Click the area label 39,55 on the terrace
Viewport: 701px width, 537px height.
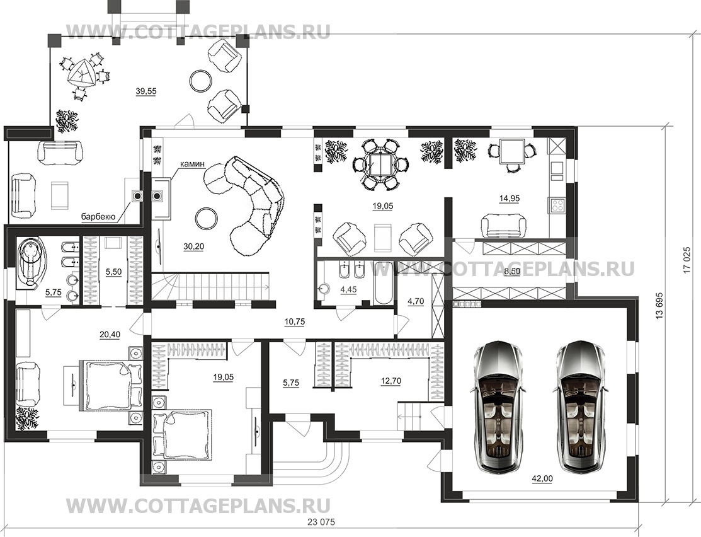pyautogui.click(x=145, y=91)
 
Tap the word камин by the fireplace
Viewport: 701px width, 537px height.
pyautogui.click(x=192, y=164)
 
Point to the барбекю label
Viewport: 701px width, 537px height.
pyautogui.click(x=98, y=217)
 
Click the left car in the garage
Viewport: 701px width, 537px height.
pyautogui.click(x=497, y=408)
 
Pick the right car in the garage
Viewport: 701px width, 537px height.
pyautogui.click(x=581, y=408)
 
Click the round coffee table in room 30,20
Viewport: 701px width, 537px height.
pyautogui.click(x=207, y=218)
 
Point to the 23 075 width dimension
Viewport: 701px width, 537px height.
pyautogui.click(x=321, y=522)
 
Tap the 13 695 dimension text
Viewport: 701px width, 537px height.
pyautogui.click(x=659, y=307)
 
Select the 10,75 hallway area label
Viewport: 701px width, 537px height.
pyautogui.click(x=294, y=321)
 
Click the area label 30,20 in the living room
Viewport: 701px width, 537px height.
pyautogui.click(x=193, y=246)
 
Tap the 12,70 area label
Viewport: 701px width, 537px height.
pyautogui.click(x=390, y=381)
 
